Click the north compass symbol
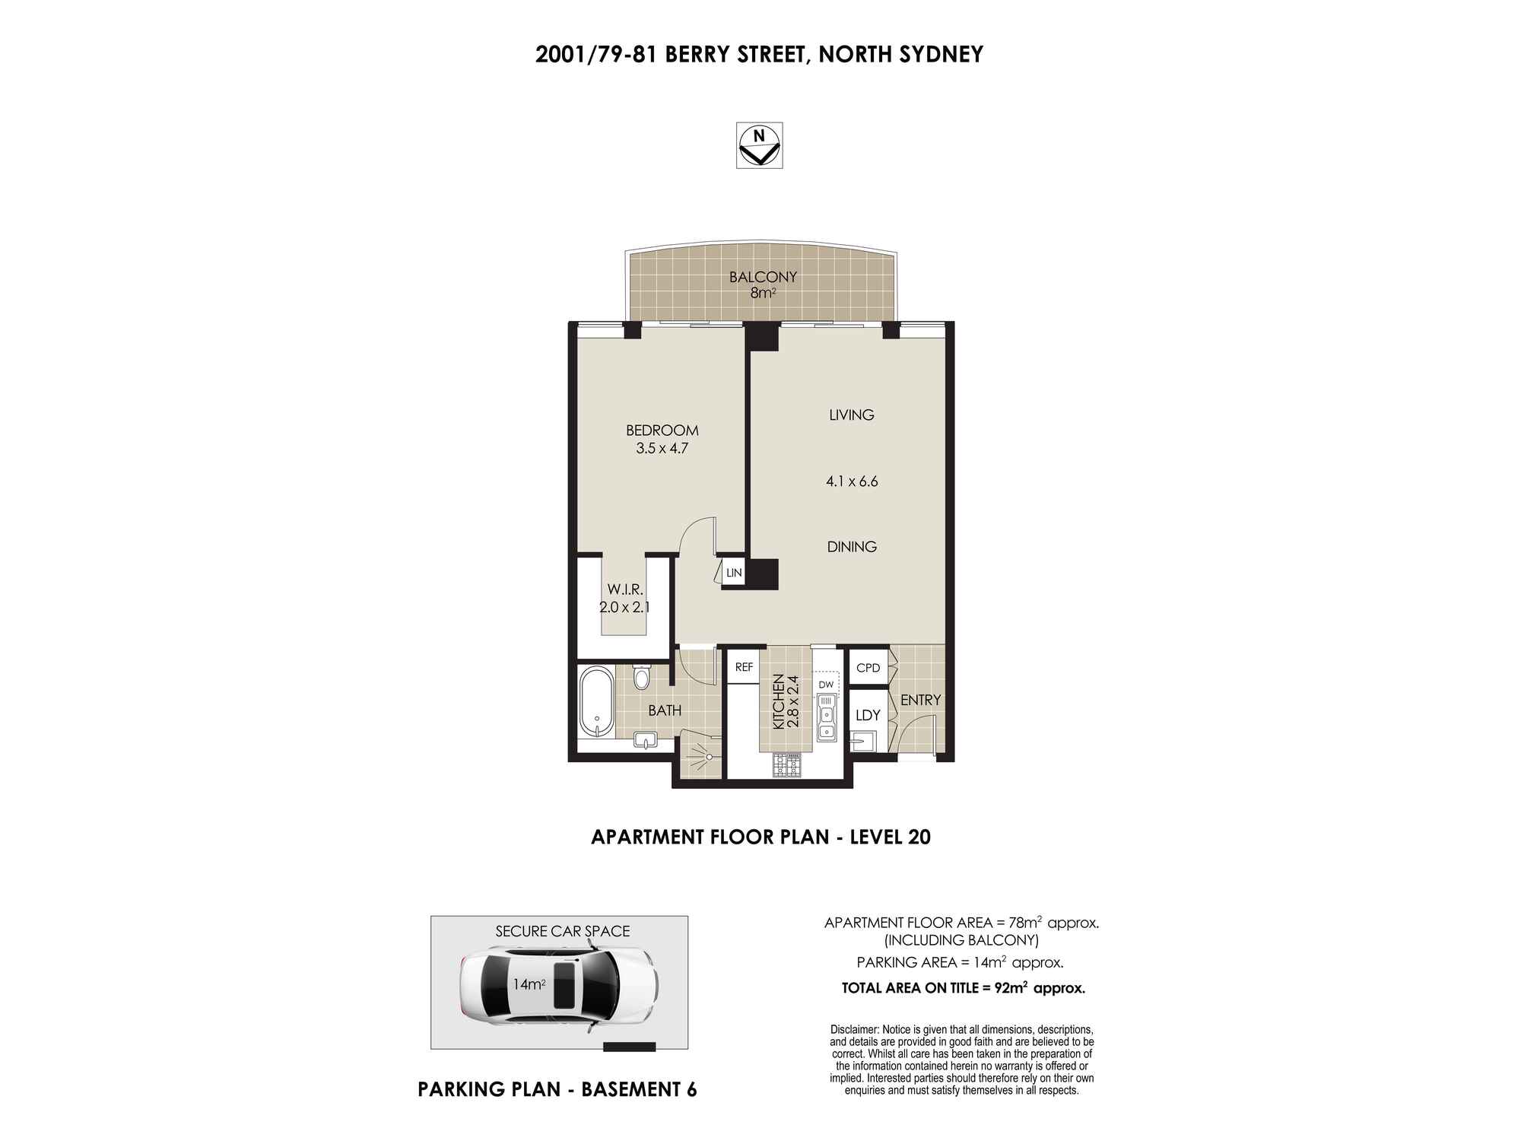tap(759, 145)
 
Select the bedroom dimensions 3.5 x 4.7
tap(662, 449)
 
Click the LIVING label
tap(852, 415)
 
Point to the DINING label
tap(852, 547)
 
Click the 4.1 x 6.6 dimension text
tap(852, 481)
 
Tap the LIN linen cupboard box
tap(733, 573)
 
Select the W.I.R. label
tap(625, 589)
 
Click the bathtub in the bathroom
tap(596, 702)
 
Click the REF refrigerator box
tap(744, 667)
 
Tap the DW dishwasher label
tap(826, 685)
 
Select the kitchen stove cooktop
tap(787, 764)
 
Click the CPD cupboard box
tap(868, 668)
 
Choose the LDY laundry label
tap(868, 715)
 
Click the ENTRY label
tap(921, 700)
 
